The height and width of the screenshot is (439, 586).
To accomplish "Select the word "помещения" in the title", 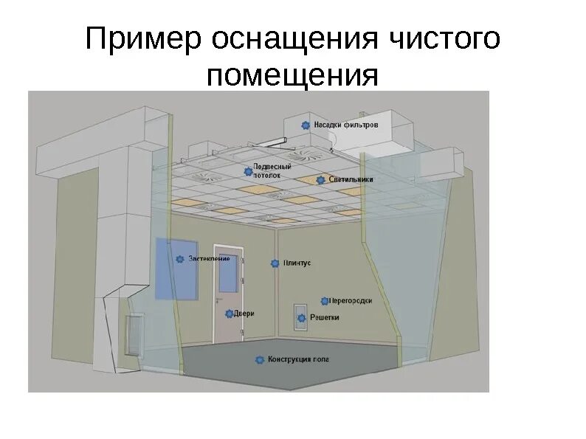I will [293, 76].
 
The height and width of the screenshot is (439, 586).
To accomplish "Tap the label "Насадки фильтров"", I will [345, 125].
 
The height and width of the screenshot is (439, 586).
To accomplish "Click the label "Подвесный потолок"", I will [266, 171].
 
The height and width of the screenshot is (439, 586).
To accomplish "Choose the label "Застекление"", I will [209, 259].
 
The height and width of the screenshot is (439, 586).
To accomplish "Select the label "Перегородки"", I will [350, 301].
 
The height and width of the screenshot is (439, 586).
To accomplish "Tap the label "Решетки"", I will [324, 318].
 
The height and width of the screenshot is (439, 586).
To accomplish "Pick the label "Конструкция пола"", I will [298, 360].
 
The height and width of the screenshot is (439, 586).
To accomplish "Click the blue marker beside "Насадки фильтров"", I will [305, 125].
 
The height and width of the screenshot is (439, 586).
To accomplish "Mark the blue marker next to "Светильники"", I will [320, 179].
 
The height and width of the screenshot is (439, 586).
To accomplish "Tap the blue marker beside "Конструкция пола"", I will [260, 360].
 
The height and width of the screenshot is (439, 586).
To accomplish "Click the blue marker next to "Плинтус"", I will [275, 263].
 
